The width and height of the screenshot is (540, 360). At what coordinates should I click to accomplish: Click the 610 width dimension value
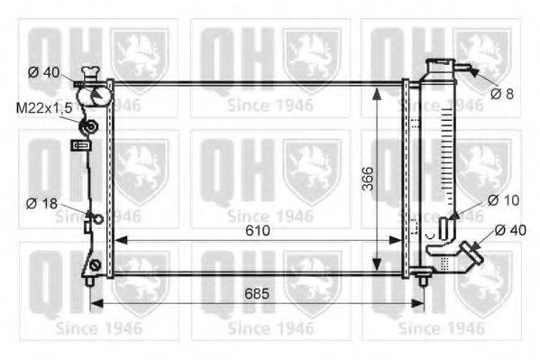[x=258, y=230]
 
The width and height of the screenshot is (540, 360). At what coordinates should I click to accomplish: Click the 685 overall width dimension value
[x=257, y=294]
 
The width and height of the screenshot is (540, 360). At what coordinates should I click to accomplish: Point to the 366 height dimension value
[x=368, y=179]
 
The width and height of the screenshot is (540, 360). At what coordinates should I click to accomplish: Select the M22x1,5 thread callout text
[x=44, y=108]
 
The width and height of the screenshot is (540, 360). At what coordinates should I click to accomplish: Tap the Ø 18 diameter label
[x=41, y=203]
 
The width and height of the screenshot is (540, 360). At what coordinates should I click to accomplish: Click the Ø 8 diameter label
[x=502, y=94]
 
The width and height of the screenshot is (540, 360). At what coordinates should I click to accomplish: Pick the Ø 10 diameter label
[x=504, y=200]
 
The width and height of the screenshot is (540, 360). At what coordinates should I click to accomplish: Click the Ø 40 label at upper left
[x=44, y=72]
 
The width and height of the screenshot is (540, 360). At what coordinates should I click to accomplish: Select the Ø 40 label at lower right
[x=510, y=230]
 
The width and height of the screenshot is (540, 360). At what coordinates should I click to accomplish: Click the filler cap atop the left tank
[x=91, y=74]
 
